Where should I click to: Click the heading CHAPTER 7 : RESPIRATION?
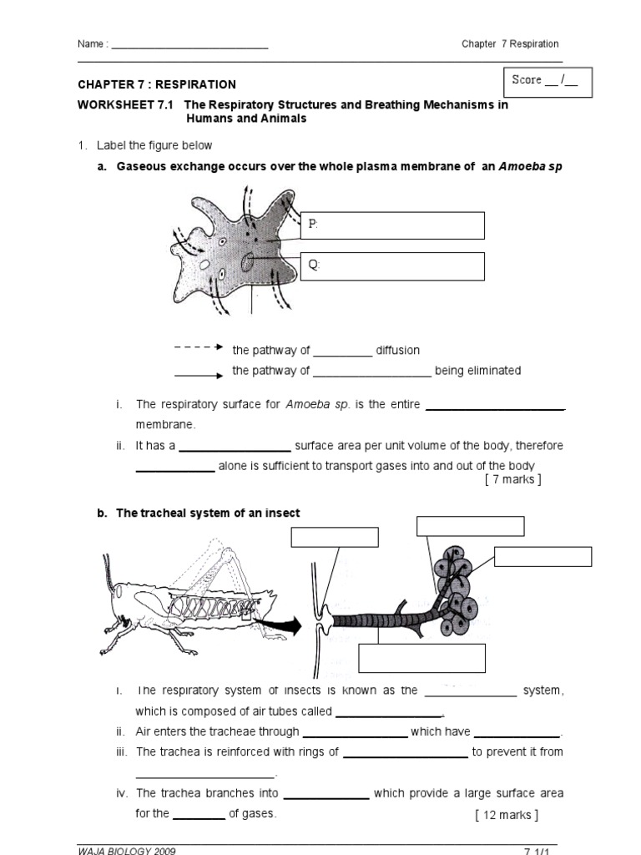[157, 84]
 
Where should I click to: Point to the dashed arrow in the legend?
[198, 347]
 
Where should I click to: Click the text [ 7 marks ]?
[512, 479]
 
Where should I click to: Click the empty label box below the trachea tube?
[422, 658]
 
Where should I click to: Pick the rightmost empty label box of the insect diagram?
[543, 556]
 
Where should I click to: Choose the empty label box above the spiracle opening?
[330, 537]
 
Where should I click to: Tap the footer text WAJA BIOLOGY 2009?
[127, 850]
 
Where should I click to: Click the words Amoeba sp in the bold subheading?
[531, 166]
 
